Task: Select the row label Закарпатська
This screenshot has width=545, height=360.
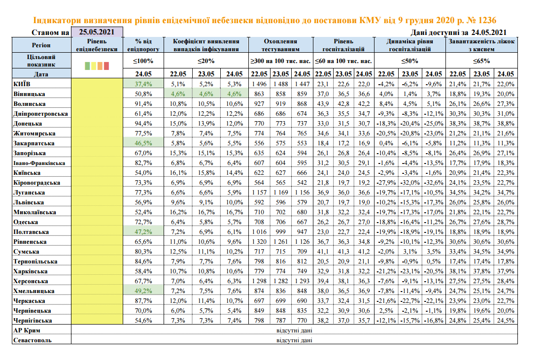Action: pyautogui.click(x=34, y=143)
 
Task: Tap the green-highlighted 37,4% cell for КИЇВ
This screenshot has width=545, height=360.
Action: pyautogui.click(x=143, y=84)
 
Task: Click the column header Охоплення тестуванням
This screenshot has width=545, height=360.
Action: pyautogui.click(x=280, y=45)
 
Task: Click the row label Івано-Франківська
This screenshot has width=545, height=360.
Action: pyautogui.click(x=39, y=163)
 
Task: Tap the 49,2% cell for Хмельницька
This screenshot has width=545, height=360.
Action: pyautogui.click(x=143, y=291)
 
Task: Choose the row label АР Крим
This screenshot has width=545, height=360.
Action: pyautogui.click(x=27, y=330)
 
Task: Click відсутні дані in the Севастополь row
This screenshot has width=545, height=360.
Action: pyautogui.click(x=294, y=340)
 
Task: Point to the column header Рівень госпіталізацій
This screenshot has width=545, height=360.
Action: pyautogui.click(x=343, y=45)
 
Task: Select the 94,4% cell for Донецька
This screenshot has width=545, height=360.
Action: pyautogui.click(x=143, y=123)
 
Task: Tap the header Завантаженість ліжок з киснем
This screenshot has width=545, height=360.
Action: pyautogui.click(x=481, y=45)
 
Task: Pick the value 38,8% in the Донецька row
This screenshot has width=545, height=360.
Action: pyautogui.click(x=505, y=123)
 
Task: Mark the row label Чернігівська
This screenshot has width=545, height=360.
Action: pyautogui.click(x=33, y=320)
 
